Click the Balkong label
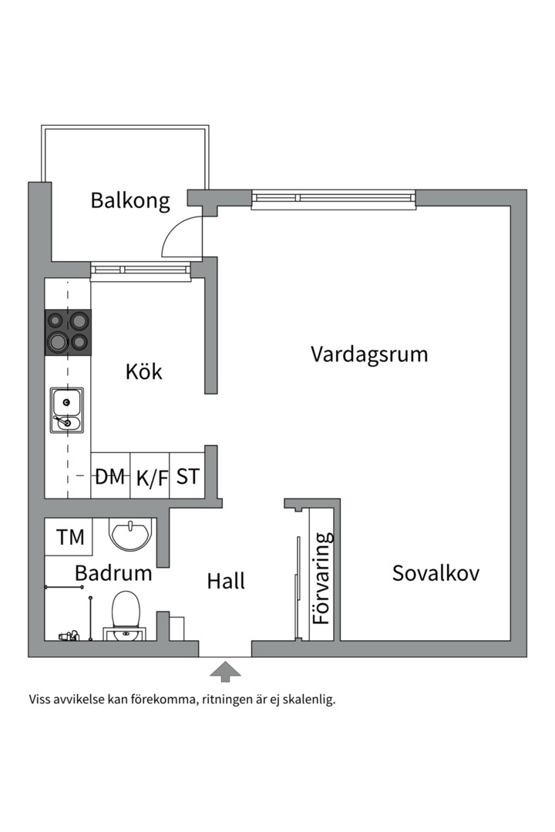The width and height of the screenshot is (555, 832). pos(129,200)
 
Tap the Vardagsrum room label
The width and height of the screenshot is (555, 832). pos(369,354)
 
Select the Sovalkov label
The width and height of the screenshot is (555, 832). pos(436,573)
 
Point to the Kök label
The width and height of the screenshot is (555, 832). pos(144,371)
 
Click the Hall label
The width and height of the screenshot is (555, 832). pos(226,581)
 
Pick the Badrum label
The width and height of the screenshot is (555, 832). pos(113,573)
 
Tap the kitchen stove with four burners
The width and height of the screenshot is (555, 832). pos(68,332)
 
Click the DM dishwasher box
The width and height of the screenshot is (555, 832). pos(110,477)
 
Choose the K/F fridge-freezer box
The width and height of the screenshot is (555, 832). pos(151,478)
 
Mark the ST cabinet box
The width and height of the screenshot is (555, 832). pos(187,477)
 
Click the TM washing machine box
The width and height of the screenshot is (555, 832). pos(70,537)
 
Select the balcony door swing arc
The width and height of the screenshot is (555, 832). pos(180,237)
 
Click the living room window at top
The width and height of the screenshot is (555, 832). pos(333,199)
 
